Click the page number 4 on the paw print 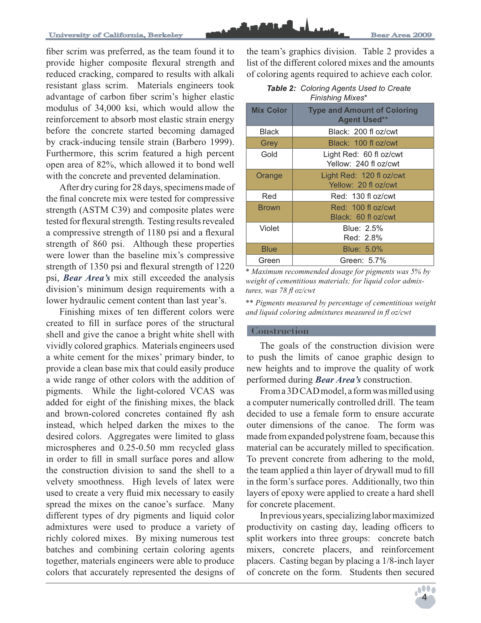coord(424,598)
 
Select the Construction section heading coord(280,331)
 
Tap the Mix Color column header coord(269,110)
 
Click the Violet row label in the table coord(269,228)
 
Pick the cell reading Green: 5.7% coord(363,260)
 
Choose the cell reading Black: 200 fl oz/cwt coord(363,132)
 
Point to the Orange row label coord(269,175)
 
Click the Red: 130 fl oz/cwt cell coord(363,196)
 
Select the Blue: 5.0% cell coord(363,249)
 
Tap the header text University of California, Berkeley coord(116,35)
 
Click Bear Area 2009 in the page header coord(401,35)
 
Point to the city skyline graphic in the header coord(277,29)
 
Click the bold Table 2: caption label coord(281,88)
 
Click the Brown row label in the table coord(269,208)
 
